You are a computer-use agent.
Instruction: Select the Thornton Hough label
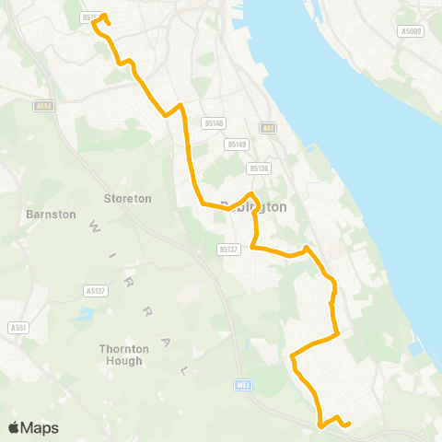coord(121,355)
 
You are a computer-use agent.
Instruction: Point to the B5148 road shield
coord(214,122)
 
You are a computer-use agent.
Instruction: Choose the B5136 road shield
coord(259,168)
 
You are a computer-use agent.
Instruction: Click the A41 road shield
coord(268,128)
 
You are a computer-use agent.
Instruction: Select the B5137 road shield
coord(228,248)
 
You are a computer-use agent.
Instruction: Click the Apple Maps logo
coord(32,427)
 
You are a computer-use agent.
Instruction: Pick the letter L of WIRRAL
coord(184,369)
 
